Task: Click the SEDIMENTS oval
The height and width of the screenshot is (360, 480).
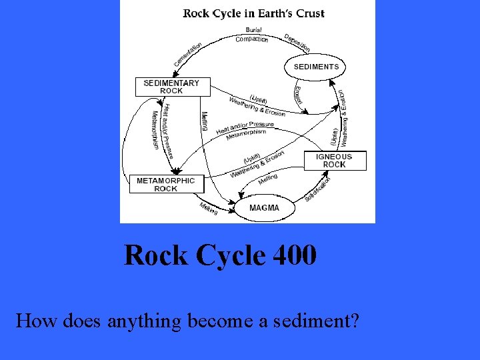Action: [x=316, y=67]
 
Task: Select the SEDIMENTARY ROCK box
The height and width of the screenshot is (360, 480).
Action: [x=171, y=87]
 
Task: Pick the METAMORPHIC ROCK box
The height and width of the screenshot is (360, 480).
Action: [x=166, y=185]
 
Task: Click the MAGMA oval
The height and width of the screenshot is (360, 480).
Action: [x=264, y=208]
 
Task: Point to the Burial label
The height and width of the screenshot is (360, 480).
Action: [x=253, y=30]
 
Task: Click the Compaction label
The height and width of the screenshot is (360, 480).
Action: [x=252, y=39]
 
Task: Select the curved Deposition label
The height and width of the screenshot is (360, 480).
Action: [x=297, y=43]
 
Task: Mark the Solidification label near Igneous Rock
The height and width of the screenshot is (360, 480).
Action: [x=318, y=189]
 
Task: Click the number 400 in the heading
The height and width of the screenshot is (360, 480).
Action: [x=294, y=255]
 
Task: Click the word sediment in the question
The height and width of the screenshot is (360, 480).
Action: [x=315, y=321]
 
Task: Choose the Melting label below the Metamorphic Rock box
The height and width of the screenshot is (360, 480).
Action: [x=209, y=208]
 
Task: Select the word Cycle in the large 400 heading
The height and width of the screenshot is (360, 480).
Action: [x=230, y=255]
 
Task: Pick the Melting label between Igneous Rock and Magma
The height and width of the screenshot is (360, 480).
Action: [x=267, y=179]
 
